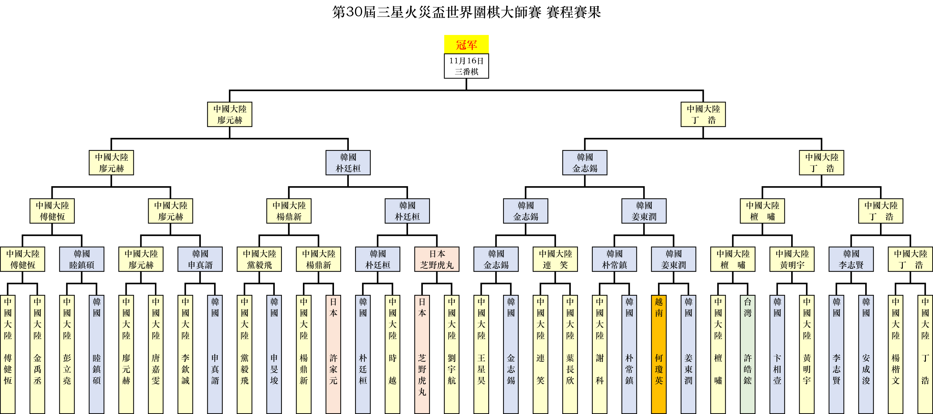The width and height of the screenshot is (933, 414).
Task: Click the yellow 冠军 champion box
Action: click(466, 44)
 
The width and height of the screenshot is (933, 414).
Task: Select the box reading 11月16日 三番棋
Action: click(466, 66)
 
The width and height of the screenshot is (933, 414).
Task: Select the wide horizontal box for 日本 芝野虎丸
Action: click(437, 259)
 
